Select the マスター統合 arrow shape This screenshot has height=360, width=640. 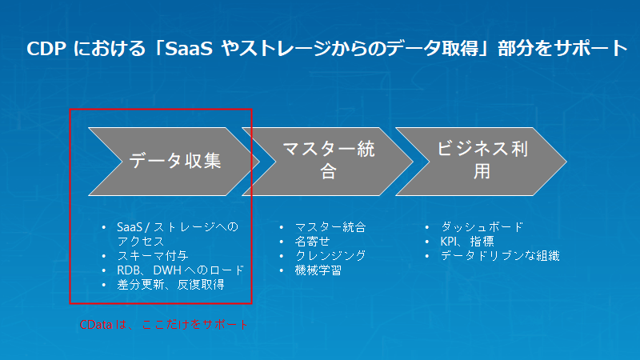coord(329,160)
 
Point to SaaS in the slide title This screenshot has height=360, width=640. coord(178,48)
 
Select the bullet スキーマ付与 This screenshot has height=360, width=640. coord(153,256)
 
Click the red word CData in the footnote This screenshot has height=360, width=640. coord(95,326)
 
